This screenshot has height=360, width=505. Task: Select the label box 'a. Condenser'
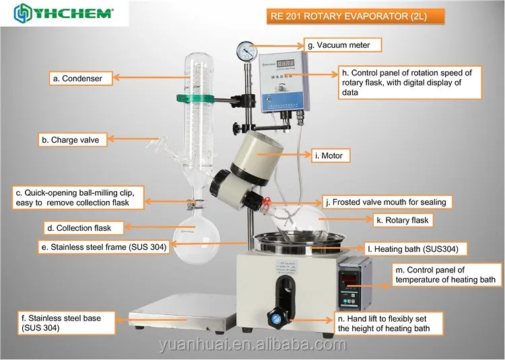click(x=81, y=79)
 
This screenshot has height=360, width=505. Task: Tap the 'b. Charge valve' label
click(x=71, y=140)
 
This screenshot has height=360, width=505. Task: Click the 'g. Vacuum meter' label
click(x=343, y=45)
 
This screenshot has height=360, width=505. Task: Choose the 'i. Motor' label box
click(x=328, y=156)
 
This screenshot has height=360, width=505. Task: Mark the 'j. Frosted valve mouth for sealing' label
click(x=385, y=201)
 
